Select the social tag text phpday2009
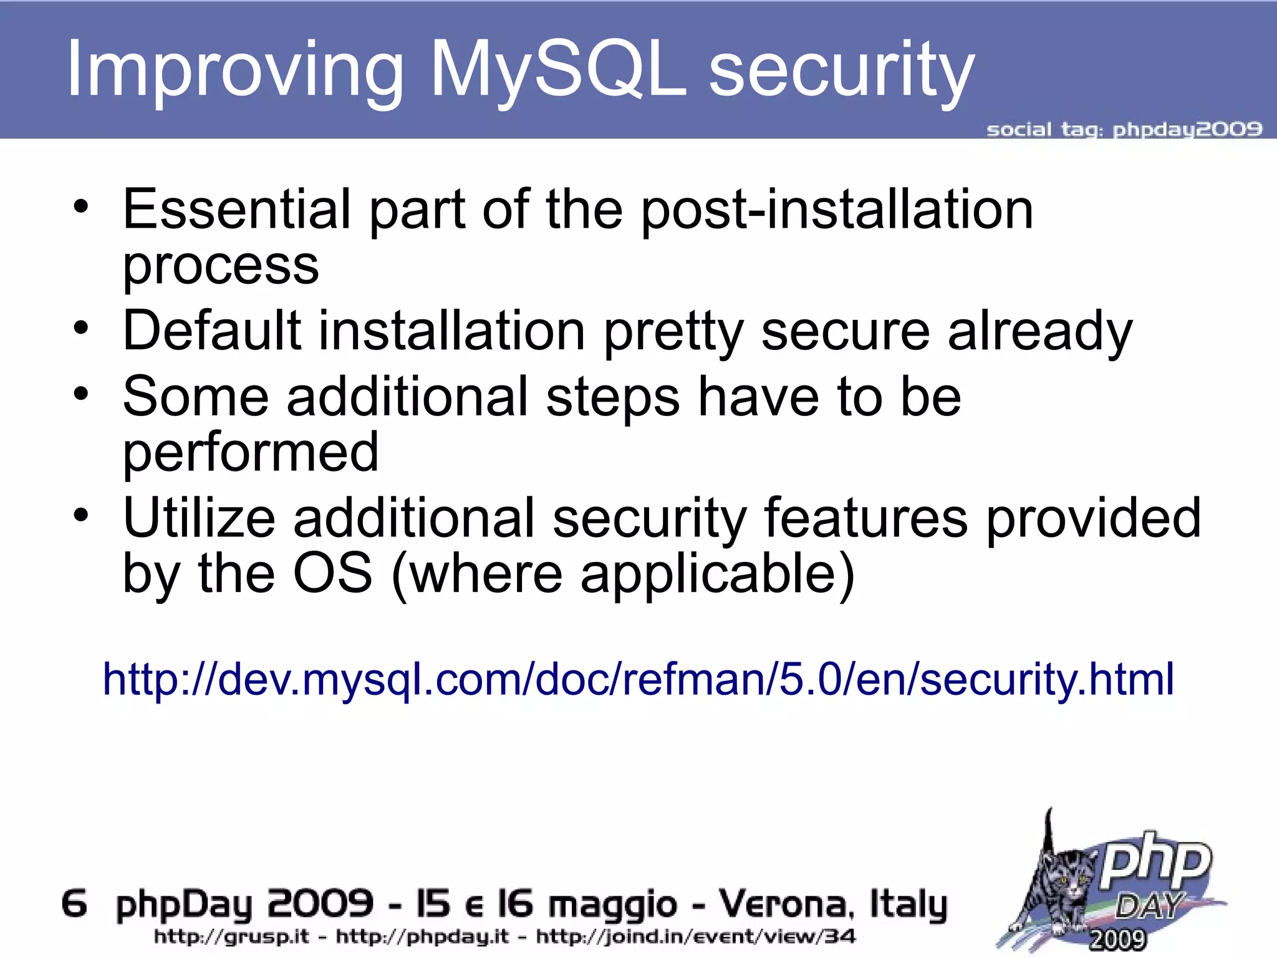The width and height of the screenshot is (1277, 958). click(1187, 130)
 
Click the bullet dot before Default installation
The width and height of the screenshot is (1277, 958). click(81, 327)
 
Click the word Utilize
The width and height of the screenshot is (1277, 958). click(199, 518)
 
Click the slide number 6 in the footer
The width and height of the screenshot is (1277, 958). click(74, 904)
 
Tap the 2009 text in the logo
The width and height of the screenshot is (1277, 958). click(1117, 939)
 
